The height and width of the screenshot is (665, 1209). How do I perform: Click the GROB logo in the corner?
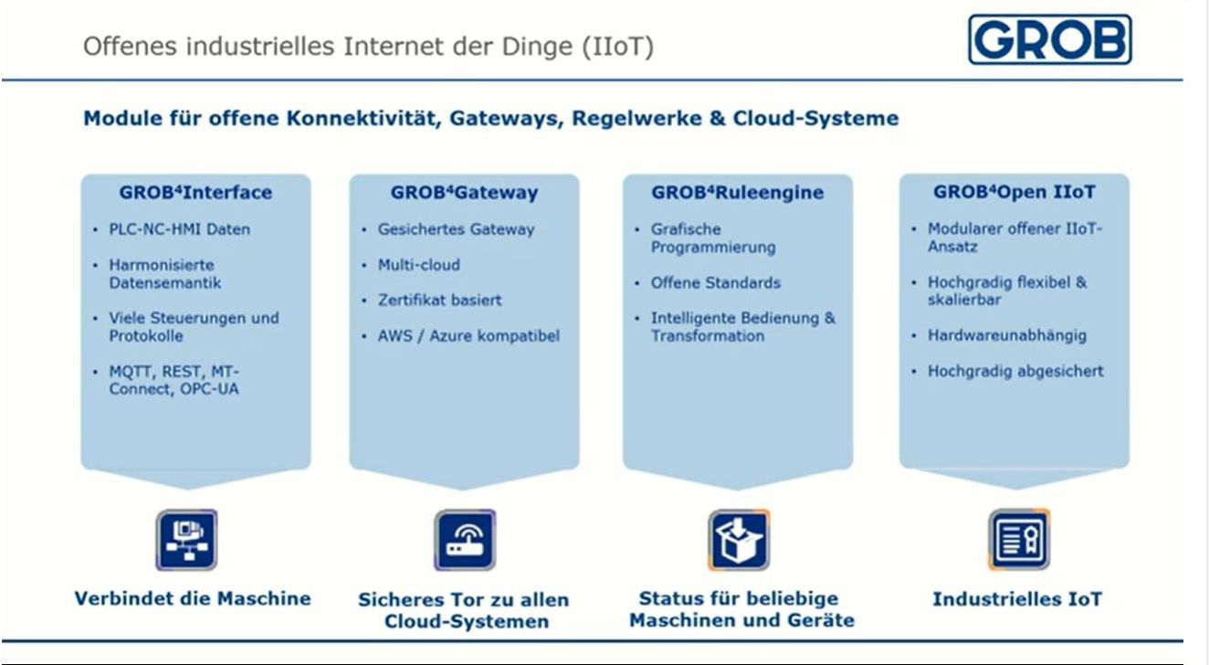coord(1050,39)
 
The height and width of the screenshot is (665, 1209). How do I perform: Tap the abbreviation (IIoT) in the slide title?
coord(618,47)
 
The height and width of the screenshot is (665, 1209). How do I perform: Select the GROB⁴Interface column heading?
coord(195,192)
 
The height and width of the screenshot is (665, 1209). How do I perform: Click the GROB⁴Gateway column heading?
coord(464,192)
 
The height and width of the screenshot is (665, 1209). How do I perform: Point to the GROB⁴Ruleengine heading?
coord(737,192)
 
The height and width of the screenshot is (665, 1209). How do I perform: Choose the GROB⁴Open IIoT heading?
coord(1015,192)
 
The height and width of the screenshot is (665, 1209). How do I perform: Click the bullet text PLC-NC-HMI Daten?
coord(179,229)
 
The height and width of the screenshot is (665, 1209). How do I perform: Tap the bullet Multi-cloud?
coord(419,265)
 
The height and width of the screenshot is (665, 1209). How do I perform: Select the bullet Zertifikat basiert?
coord(439,300)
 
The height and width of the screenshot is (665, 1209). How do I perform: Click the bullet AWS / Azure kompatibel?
coord(468,336)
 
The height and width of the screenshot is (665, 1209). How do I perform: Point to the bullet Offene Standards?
coord(716,282)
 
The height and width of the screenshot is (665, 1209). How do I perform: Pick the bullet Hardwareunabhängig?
coord(1007,335)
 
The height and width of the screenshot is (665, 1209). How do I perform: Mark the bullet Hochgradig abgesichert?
coord(1015,371)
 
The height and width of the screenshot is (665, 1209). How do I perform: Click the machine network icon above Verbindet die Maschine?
coord(187,540)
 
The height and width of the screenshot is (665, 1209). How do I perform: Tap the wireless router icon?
coord(465,540)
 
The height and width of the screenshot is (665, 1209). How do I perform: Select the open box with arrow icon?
coord(739,540)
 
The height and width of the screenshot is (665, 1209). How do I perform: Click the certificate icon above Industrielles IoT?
coord(1019,539)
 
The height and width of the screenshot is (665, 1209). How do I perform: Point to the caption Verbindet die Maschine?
coord(193,598)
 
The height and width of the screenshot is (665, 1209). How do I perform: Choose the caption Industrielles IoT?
coord(1017,598)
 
